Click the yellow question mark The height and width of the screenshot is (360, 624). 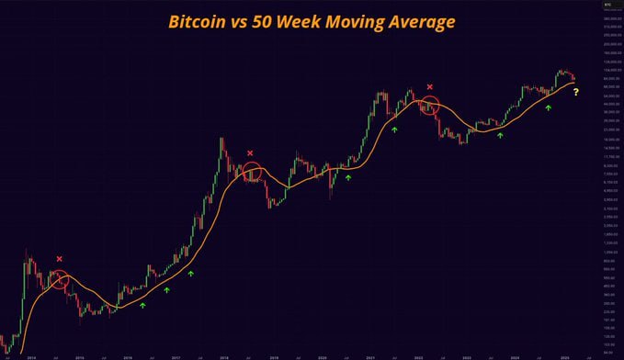pos(576,92)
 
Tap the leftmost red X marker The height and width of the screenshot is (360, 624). pos(60,259)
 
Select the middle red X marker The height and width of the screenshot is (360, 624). pos(250,153)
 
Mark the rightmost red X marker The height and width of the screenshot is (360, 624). pos(429,86)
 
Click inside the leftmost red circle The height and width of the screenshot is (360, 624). pos(60,280)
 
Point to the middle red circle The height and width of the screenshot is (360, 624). pos(252,171)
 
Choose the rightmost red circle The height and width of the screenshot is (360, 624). pos(429,105)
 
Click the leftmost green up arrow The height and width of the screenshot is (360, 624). pos(142,304)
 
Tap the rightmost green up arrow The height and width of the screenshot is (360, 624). pos(548,108)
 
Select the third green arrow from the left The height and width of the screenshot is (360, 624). pos(191,274)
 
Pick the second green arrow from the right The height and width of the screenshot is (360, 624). pos(501,135)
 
